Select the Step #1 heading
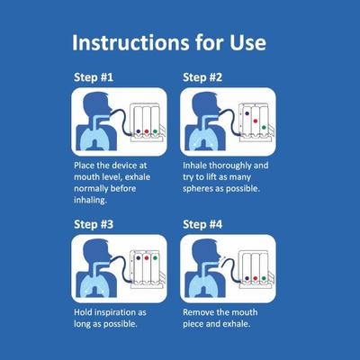(x=93, y=77)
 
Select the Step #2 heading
(x=202, y=77)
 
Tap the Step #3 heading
(x=93, y=223)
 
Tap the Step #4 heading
(x=202, y=223)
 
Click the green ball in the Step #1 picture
(x=155, y=131)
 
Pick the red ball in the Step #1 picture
(x=144, y=131)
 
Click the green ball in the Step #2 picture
(x=264, y=127)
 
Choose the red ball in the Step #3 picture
(x=144, y=257)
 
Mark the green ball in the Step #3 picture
(x=155, y=257)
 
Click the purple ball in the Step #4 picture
(x=243, y=278)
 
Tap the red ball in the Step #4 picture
(x=254, y=278)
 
